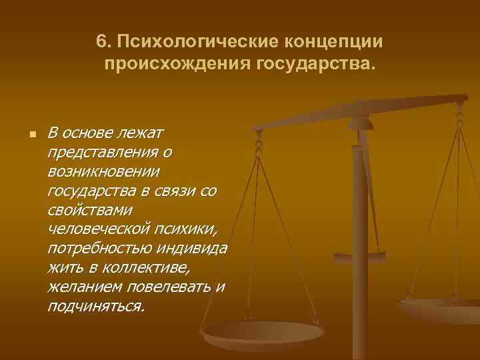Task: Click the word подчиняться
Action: tap(95, 307)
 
